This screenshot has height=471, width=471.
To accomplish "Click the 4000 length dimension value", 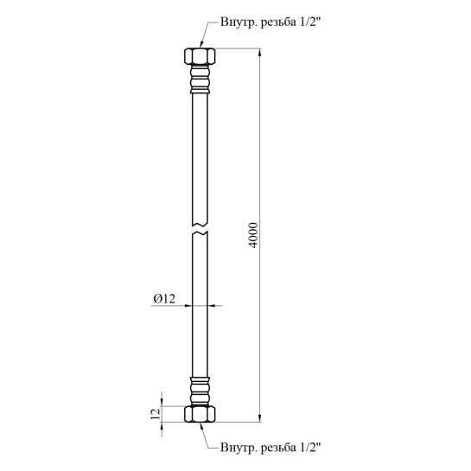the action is click(x=254, y=235).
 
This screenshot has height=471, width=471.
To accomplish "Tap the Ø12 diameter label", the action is click(x=164, y=298).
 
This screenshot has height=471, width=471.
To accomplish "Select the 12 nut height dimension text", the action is click(x=156, y=414).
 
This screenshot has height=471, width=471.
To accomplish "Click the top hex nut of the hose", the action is click(x=200, y=56).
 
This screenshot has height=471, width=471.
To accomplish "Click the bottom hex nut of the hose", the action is click(x=200, y=414).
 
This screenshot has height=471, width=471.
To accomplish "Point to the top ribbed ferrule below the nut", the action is click(x=200, y=79).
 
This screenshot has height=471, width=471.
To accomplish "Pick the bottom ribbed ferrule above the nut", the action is click(x=200, y=391).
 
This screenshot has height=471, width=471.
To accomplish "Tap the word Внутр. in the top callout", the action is click(x=239, y=22).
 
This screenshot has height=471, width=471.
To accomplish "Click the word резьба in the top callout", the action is click(x=278, y=22).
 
